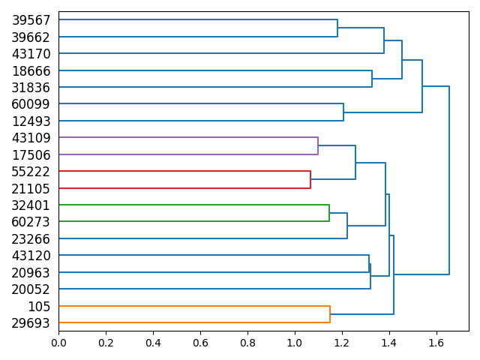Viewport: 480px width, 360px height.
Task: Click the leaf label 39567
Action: [31, 20]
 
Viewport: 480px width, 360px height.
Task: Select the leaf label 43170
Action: [31, 54]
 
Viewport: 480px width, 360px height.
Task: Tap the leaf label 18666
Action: [31, 70]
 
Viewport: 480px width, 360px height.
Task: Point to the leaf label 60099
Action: [31, 104]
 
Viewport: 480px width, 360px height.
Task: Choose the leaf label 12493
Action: [31, 121]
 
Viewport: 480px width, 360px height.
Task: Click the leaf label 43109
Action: [31, 138]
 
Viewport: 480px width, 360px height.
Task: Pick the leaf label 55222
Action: [31, 172]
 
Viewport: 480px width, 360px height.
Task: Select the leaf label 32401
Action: [31, 205]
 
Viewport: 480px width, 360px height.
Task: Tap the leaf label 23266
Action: [31, 238]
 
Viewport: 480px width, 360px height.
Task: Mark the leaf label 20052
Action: [31, 289]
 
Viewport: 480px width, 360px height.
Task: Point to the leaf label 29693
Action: [31, 322]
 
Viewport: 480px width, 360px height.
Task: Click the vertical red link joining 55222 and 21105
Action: [310, 180]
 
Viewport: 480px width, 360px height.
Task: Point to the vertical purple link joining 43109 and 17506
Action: [318, 146]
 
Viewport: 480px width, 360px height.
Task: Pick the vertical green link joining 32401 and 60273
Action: [329, 214]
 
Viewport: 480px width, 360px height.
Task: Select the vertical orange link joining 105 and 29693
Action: [330, 314]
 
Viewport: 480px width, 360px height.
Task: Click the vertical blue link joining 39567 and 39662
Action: [337, 28]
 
